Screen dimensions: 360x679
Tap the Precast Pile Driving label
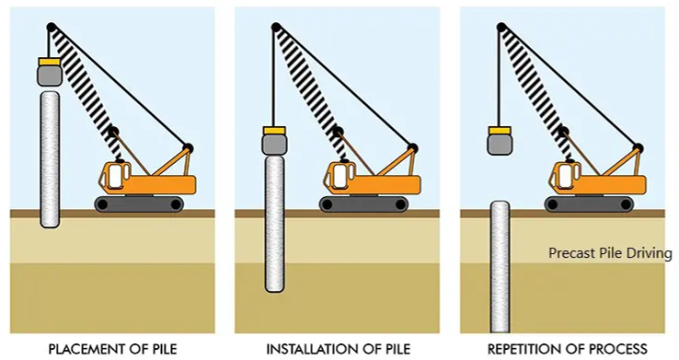click(610, 251)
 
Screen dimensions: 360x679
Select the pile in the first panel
click(50, 157)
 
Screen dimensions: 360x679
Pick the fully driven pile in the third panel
click(500, 267)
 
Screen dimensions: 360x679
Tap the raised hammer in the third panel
click(500, 141)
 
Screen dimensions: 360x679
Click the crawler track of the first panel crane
click(144, 203)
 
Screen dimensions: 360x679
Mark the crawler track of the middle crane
click(370, 203)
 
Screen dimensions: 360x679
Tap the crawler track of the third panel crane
click(595, 203)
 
